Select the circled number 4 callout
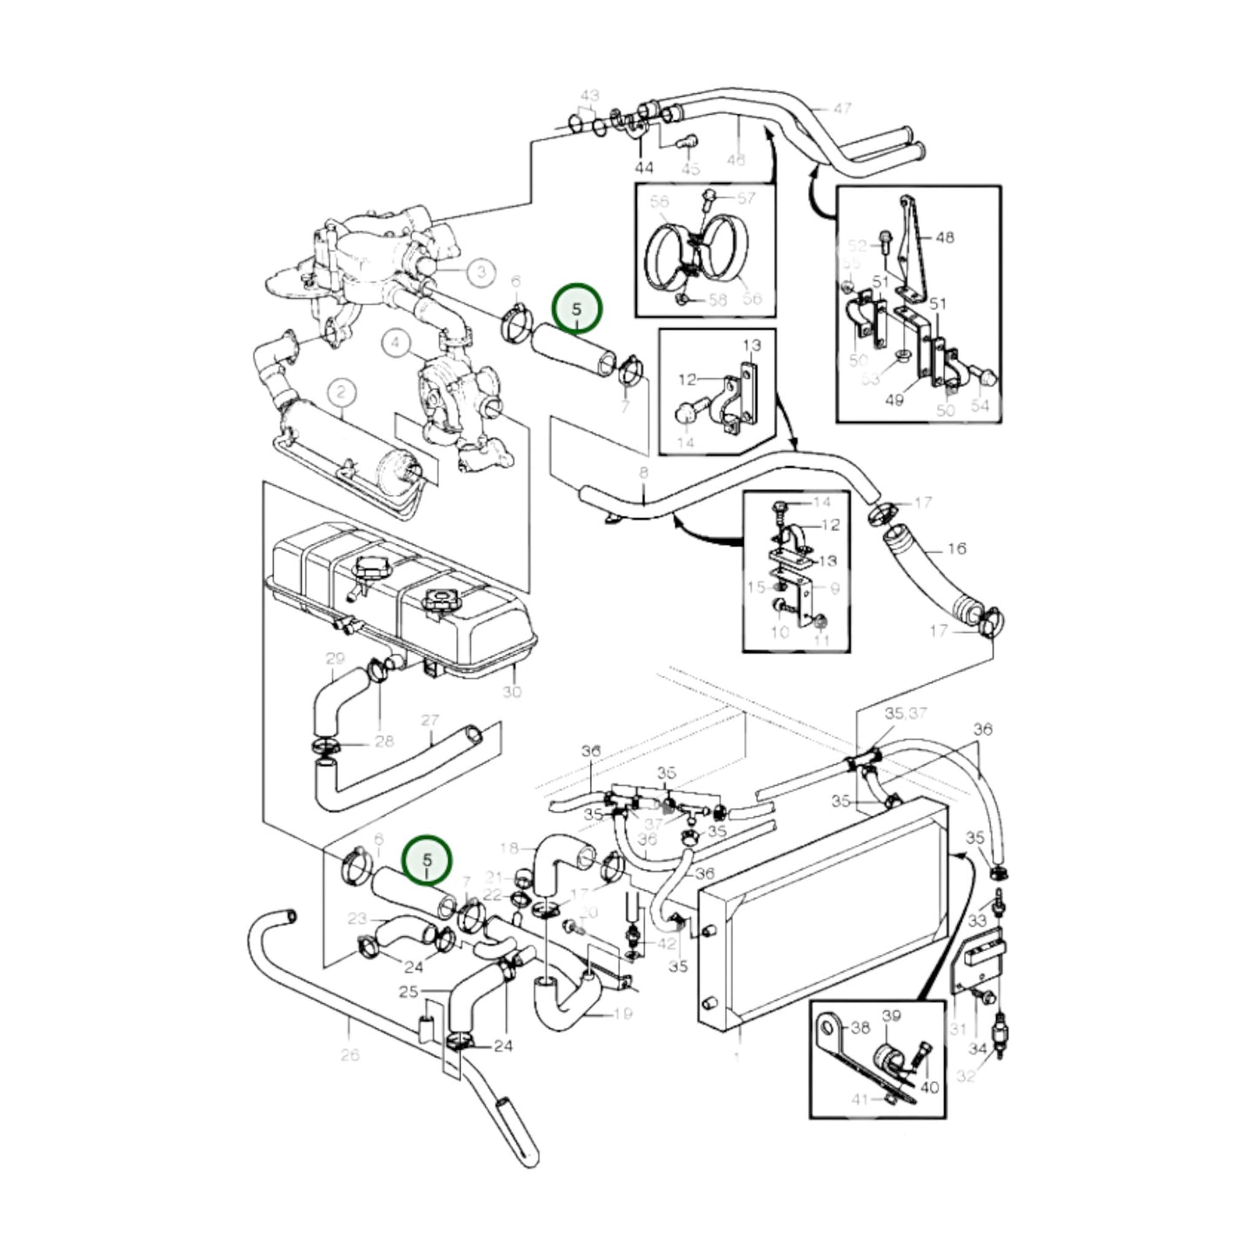point(396,343)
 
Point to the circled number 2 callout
point(342,393)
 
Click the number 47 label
point(841,109)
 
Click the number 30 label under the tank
point(512,692)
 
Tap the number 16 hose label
point(956,548)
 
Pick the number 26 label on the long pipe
point(349,1054)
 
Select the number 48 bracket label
point(944,236)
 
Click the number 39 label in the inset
point(891,1016)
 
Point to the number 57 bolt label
point(747,198)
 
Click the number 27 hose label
point(430,721)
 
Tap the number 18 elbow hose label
point(509,847)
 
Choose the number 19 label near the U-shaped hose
point(622,1013)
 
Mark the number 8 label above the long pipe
point(643,474)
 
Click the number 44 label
point(643,167)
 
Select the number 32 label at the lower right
point(966,1075)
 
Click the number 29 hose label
point(336,659)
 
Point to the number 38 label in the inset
point(860,1027)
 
